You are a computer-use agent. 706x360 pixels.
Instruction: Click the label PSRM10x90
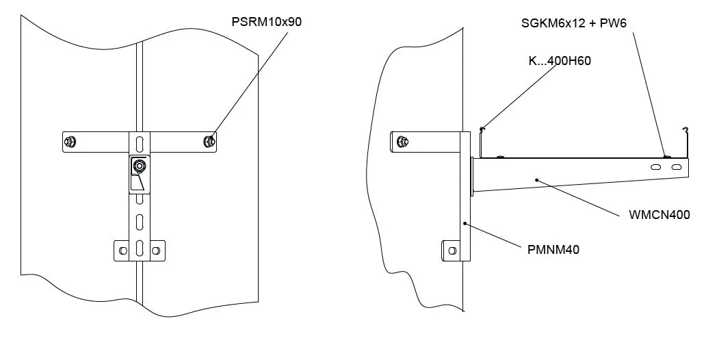click(267, 22)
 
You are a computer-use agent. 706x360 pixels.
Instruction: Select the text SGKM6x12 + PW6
click(573, 23)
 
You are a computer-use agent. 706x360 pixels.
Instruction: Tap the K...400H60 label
click(560, 60)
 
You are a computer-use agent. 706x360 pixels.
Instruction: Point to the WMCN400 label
click(659, 214)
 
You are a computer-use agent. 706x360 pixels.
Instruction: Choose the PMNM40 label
click(553, 249)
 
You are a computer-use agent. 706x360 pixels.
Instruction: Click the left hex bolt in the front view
click(70, 142)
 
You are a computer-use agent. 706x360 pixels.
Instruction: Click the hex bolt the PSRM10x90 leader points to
click(209, 142)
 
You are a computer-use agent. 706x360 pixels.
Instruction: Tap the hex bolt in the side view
click(402, 142)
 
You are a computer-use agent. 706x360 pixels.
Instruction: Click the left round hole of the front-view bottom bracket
click(123, 251)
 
